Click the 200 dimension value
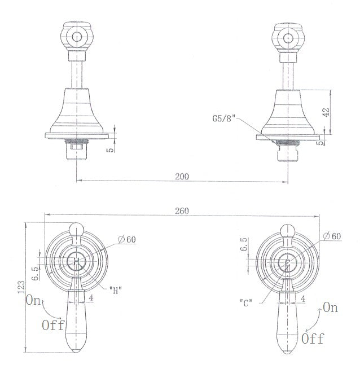182,177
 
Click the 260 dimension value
182,211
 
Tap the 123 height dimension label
21,287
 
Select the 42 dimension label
326,112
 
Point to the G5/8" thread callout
224,118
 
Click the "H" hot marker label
116,290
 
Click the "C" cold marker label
246,302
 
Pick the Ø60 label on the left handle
127,240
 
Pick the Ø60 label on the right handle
332,236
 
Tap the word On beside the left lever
33,300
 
